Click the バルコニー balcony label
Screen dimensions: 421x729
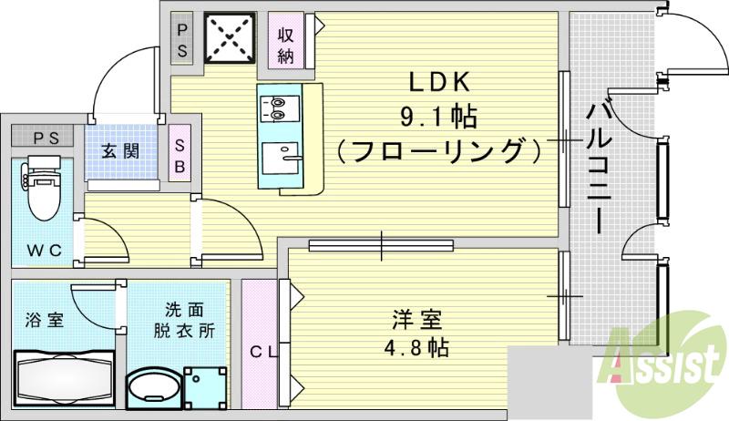[x=599, y=169]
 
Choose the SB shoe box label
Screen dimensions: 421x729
[x=180, y=154]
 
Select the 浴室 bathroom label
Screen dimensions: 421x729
[x=44, y=320]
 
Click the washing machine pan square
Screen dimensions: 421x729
[x=203, y=385]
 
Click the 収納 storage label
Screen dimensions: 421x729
[x=286, y=45]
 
